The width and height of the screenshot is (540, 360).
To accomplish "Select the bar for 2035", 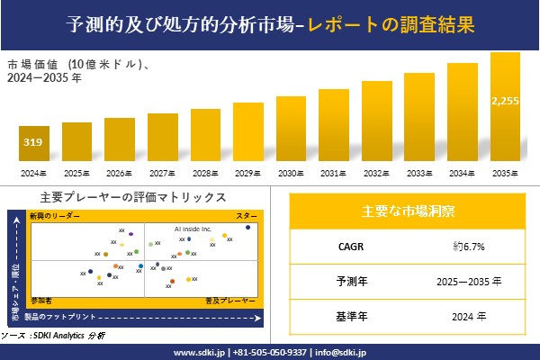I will pyautogui.click(x=505, y=107).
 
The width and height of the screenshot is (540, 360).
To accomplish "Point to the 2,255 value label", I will pyautogui.click(x=505, y=101).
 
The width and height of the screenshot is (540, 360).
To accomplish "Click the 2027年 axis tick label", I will pyautogui.click(x=162, y=172).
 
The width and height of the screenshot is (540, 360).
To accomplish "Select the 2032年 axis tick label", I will pyautogui.click(x=376, y=172).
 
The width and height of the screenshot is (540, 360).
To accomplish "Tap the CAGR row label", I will pyautogui.click(x=346, y=246).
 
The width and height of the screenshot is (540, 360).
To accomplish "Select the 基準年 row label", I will pyautogui.click(x=346, y=316).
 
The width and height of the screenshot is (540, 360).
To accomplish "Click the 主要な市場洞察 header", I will pyautogui.click(x=408, y=211).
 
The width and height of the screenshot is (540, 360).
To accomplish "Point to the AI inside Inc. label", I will pyautogui.click(x=193, y=229).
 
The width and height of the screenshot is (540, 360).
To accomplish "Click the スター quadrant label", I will pyautogui.click(x=246, y=217).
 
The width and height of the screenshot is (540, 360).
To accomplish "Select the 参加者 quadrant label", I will pyautogui.click(x=41, y=297).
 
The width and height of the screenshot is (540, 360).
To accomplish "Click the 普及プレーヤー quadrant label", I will pyautogui.click(x=235, y=297).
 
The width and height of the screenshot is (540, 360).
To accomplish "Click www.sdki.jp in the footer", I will pyautogui.click(x=198, y=352).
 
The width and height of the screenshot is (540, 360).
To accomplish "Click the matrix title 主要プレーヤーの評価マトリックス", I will pyautogui.click(x=132, y=197).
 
